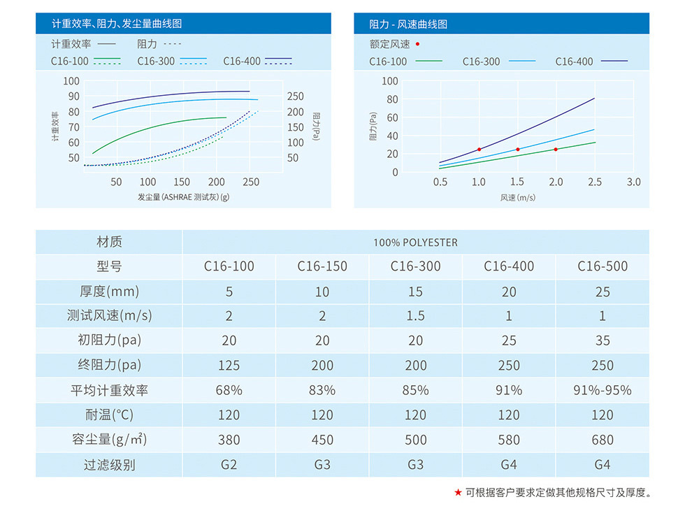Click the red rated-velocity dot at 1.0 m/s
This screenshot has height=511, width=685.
479,150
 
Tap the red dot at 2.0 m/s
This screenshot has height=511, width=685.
556,150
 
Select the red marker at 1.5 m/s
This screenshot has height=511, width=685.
518,150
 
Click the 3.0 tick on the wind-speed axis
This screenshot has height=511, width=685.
633,182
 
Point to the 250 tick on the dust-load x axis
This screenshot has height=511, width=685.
250,182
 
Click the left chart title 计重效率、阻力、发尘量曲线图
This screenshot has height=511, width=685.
117,24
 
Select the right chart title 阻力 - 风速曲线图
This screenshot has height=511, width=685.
408,24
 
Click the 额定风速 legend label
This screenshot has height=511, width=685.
390,44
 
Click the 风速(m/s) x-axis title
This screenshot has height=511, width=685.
517,198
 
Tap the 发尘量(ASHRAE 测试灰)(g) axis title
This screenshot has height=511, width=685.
184,198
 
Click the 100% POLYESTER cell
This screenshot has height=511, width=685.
415,243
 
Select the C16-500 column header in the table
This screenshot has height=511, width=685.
602,266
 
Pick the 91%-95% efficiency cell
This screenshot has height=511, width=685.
602,390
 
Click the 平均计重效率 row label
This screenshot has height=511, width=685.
109,390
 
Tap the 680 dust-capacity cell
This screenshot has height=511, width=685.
602,440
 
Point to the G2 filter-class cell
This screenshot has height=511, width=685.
229,465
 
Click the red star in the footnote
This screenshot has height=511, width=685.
458,493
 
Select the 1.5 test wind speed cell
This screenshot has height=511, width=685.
415,316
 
